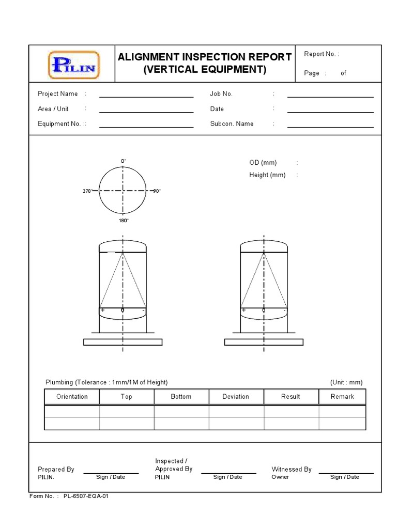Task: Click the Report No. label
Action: coord(322,54)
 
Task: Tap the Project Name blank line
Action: coord(146,97)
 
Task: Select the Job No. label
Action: coord(221,94)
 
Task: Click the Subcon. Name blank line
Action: coord(330,127)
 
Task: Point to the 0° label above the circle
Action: coord(124,161)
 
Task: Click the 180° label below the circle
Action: coord(124,221)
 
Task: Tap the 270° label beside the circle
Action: coord(87,191)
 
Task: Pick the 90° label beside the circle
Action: coord(157,191)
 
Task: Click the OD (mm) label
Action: coord(263,163)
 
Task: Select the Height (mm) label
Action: coord(267,175)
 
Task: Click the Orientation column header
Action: coord(72,397)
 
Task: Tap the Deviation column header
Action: coord(236,397)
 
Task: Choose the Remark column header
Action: coord(342,397)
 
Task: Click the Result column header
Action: coord(291,397)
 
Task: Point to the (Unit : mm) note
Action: coord(346,382)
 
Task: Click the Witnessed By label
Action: coord(292,470)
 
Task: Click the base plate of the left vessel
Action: coord(123,342)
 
